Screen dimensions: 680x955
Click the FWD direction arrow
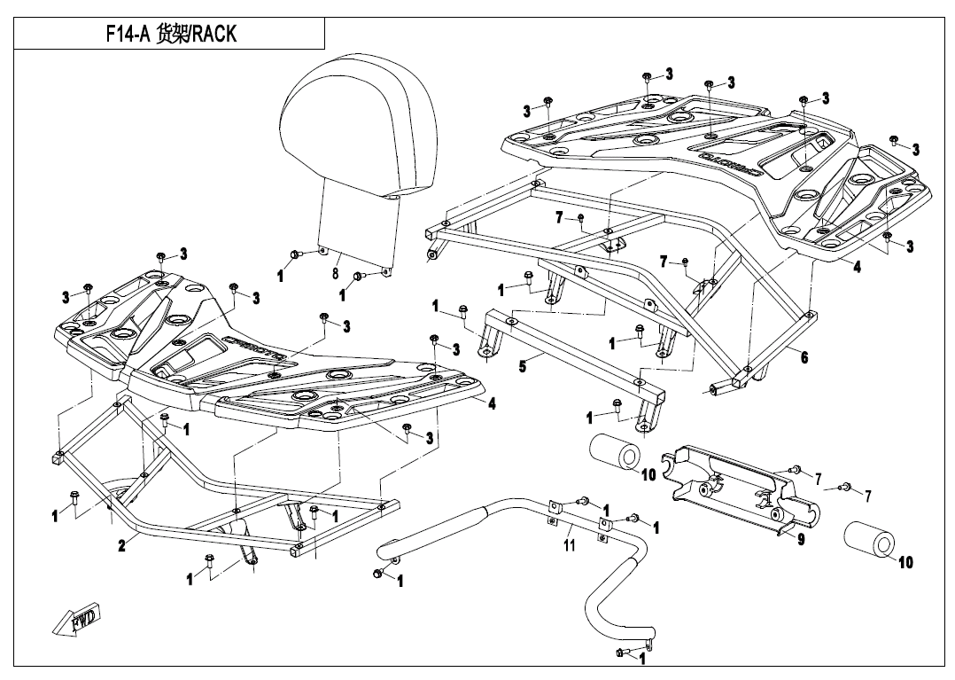pyautogui.click(x=78, y=619)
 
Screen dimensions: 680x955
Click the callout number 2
pyautogui.click(x=121, y=547)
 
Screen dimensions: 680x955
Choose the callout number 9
pyautogui.click(x=801, y=538)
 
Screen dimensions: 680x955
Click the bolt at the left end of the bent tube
pyautogui.click(x=379, y=575)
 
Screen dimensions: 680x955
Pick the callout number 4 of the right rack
pyautogui.click(x=857, y=265)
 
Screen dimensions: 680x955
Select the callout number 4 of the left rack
pyautogui.click(x=492, y=403)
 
